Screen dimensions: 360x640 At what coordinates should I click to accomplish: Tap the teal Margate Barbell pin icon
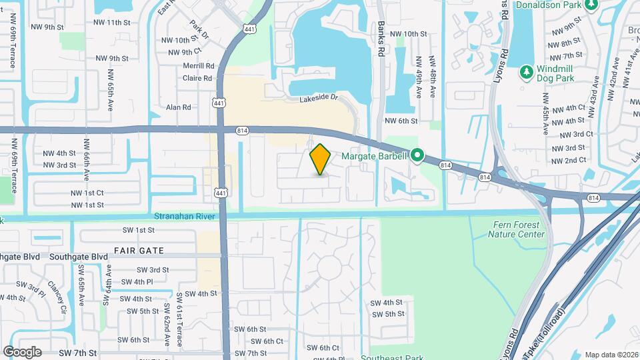[418, 157]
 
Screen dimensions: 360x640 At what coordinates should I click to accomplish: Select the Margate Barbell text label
[375, 157]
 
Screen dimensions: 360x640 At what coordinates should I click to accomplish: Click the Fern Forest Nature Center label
[516, 229]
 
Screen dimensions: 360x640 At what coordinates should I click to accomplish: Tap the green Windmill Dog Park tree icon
[526, 71]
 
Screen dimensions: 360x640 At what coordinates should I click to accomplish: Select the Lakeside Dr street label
[319, 98]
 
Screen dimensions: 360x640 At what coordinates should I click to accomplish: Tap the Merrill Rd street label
[199, 66]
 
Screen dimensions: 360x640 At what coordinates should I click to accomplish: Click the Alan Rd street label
[179, 107]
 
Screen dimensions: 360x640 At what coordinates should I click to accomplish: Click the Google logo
[22, 351]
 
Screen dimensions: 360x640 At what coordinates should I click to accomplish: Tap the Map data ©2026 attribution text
[611, 355]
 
